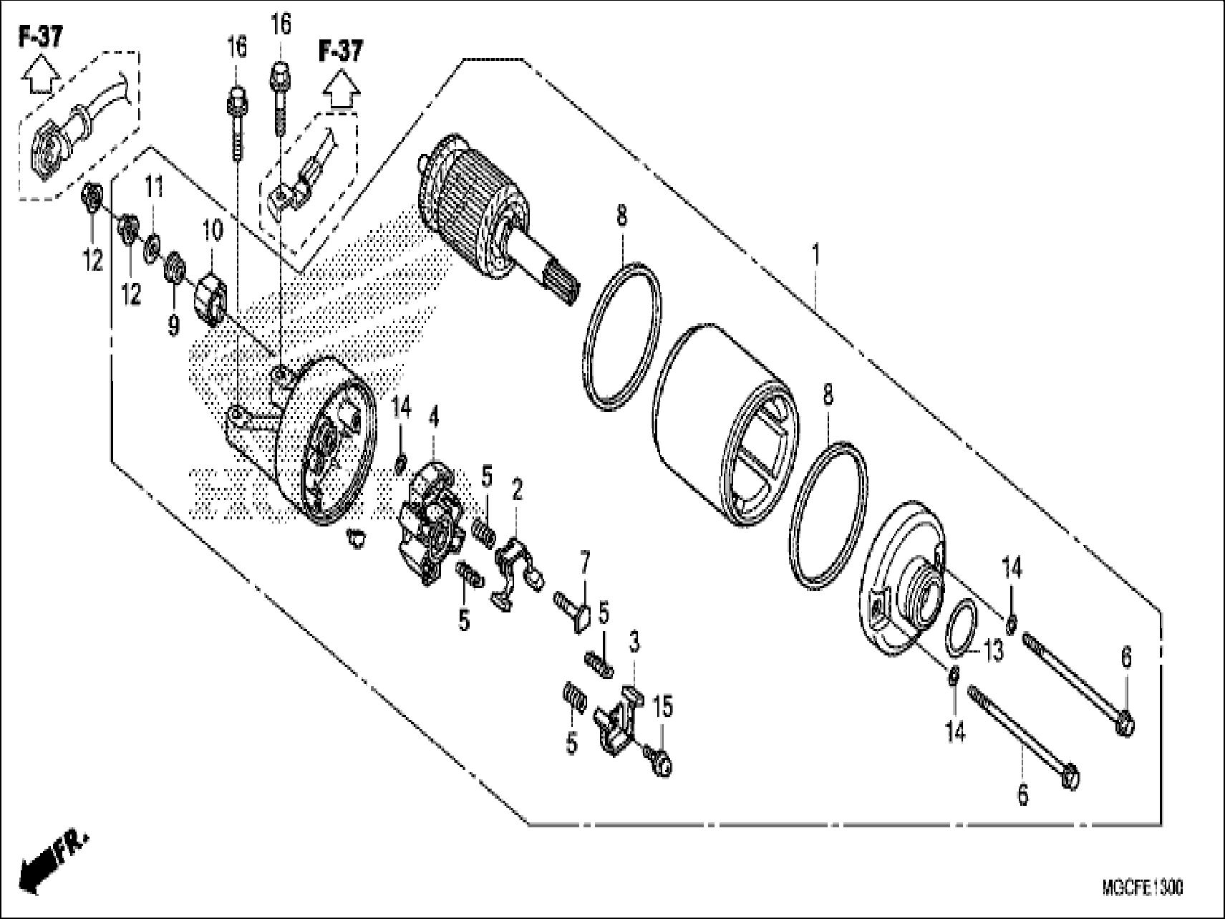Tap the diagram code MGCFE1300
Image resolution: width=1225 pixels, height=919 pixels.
pyautogui.click(x=1143, y=889)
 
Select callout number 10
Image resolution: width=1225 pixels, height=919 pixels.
pyautogui.click(x=213, y=231)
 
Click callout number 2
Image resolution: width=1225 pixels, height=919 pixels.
pyautogui.click(x=517, y=491)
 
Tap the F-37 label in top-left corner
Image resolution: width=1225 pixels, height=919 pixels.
pyautogui.click(x=39, y=37)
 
